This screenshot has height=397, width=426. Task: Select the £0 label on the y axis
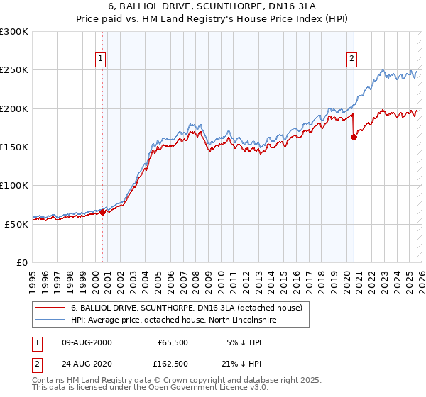[21, 262]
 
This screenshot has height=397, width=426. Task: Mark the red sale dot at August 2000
[102, 211]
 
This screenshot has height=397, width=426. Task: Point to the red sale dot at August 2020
[354, 138]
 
